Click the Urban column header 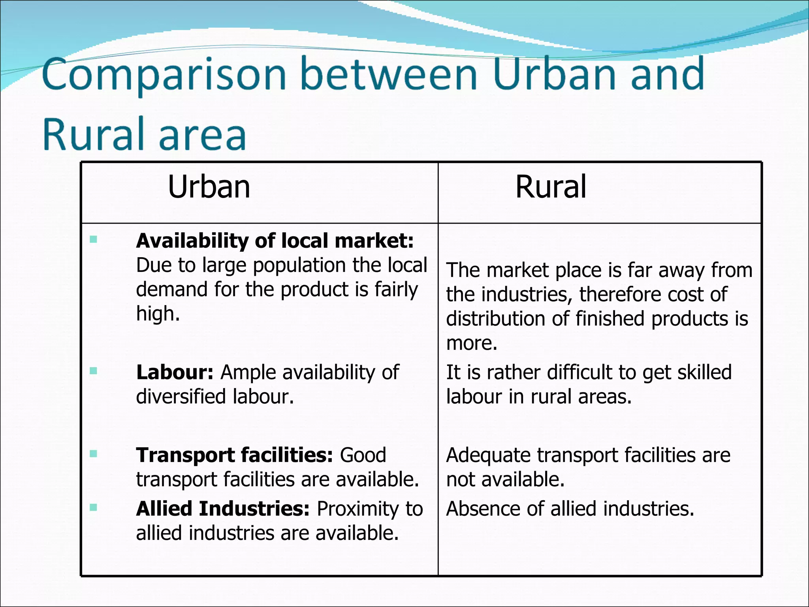[209, 187]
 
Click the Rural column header [551, 187]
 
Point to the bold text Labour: [175, 372]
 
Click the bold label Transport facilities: [235, 455]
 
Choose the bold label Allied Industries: [223, 509]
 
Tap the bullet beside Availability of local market [93, 239]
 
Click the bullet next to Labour [93, 371]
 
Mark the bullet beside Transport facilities [93, 454]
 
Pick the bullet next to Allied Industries [93, 507]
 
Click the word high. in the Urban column [158, 314]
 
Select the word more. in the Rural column [472, 343]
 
